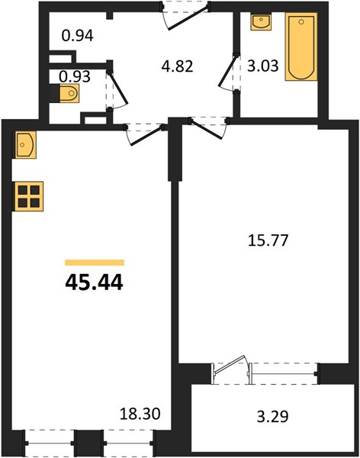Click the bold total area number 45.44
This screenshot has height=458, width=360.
[x=94, y=282]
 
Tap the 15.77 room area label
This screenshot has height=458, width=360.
[x=268, y=240]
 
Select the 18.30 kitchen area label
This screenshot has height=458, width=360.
[x=140, y=414]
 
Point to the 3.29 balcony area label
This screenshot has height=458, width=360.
[x=273, y=417]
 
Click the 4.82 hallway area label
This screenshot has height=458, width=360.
[x=177, y=66]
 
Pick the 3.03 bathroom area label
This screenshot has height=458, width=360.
[x=263, y=66]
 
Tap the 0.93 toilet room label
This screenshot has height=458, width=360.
[x=75, y=77]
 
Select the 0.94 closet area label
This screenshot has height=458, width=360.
[x=78, y=36]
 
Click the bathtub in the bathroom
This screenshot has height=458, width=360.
[x=301, y=47]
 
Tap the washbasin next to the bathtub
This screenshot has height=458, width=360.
[x=261, y=21]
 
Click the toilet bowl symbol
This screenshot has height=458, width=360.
[x=69, y=93]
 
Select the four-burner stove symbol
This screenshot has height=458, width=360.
[x=29, y=196]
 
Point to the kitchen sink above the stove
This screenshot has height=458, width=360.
[x=25, y=145]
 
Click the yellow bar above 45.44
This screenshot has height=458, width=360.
[x=95, y=263]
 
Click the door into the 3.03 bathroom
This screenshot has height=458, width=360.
[x=228, y=72]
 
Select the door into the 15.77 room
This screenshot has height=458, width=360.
[x=208, y=127]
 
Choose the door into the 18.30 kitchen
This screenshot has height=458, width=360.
[x=144, y=134]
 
